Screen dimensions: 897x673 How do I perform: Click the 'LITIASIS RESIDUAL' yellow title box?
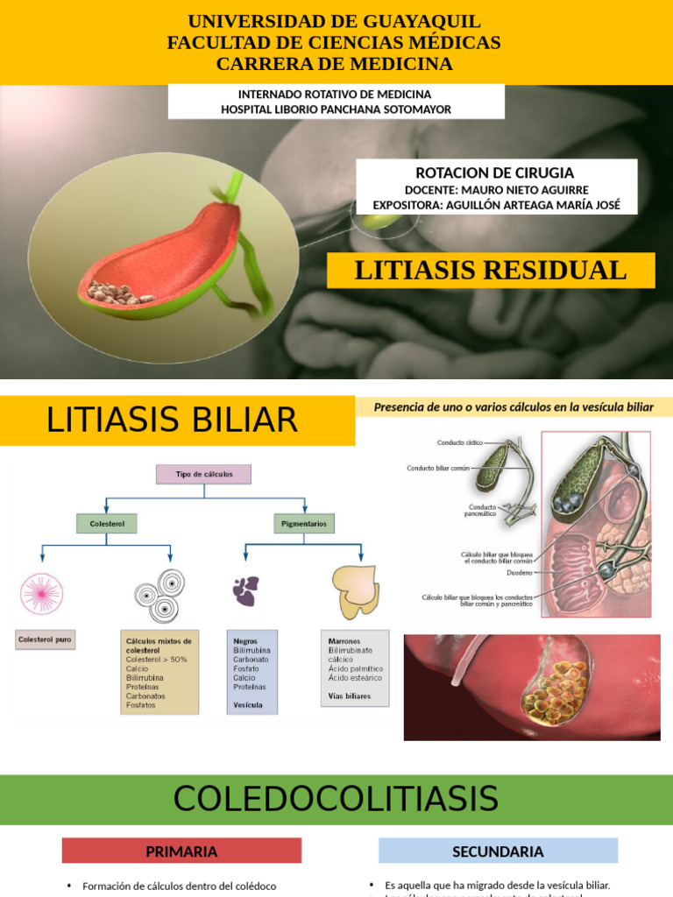pyautogui.click(x=491, y=271)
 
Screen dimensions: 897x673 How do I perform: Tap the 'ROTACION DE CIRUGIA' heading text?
pyautogui.click(x=495, y=173)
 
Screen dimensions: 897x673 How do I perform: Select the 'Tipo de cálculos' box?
pyautogui.click(x=204, y=474)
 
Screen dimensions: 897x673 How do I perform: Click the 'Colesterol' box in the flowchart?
pyautogui.click(x=107, y=524)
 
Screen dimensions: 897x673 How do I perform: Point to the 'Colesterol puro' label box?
pyautogui.click(x=46, y=640)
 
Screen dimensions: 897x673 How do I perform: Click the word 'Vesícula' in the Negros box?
pyautogui.click(x=248, y=704)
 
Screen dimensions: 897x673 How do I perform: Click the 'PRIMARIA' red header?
pyautogui.click(x=181, y=851)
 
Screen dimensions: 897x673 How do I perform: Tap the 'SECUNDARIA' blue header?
pyautogui.click(x=498, y=851)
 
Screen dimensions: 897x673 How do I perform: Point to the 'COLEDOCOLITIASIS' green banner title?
pyautogui.click(x=336, y=799)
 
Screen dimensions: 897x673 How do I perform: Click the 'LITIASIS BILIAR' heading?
pyautogui.click(x=172, y=420)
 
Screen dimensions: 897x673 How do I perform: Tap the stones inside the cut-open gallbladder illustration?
pyautogui.click(x=119, y=294)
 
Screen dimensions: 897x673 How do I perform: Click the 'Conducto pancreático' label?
pyautogui.click(x=480, y=511)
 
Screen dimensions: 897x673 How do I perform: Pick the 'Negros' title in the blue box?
pyautogui.click(x=246, y=640)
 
